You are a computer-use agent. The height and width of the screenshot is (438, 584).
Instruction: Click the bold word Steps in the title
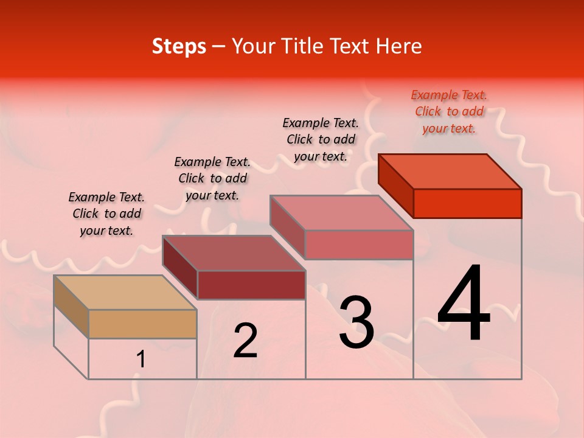tap(179, 46)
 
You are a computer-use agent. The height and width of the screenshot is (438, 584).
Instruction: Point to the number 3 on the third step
tap(356, 322)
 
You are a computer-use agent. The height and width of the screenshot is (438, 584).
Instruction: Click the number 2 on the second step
tap(245, 341)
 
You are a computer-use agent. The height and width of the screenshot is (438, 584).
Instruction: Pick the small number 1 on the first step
tap(141, 360)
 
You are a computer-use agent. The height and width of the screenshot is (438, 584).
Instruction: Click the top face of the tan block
tap(125, 292)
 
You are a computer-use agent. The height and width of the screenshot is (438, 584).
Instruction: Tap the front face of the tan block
tap(142, 324)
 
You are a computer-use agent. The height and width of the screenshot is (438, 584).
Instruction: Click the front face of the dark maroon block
tap(251, 285)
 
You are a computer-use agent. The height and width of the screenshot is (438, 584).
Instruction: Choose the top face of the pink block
tap(342, 212)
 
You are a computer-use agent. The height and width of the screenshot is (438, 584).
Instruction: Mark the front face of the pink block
tap(359, 245)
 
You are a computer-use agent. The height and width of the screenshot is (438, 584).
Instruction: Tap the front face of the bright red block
tap(467, 203)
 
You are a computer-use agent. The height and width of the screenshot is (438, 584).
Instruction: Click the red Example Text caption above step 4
tap(449, 111)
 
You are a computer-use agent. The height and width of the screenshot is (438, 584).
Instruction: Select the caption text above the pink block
tap(321, 139)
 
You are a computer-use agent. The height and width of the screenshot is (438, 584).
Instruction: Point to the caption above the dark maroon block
tap(212, 178)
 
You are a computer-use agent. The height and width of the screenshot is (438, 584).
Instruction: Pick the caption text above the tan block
tap(106, 214)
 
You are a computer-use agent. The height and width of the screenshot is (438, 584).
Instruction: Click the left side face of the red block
tap(395, 186)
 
